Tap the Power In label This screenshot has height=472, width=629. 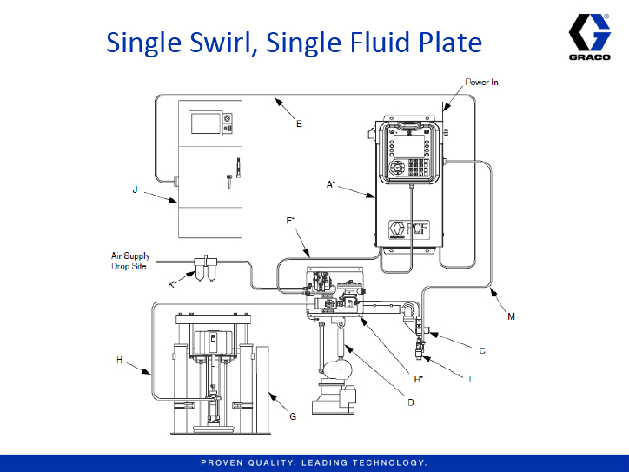[481, 83]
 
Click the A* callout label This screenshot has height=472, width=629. [331, 184]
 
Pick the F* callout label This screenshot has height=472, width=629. [290, 222]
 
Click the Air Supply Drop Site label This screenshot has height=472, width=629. [130, 261]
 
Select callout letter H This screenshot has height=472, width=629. [120, 359]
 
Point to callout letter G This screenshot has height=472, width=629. [293, 416]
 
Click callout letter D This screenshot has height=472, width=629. [411, 402]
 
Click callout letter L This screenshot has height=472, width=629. [470, 379]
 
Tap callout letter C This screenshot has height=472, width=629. [482, 350]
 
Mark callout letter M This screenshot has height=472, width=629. [511, 316]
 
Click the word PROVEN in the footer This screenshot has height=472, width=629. [224, 462]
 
